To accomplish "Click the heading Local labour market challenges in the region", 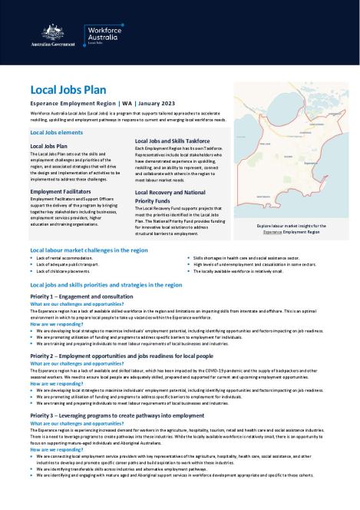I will pos(88,250).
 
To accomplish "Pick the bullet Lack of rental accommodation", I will pos(69,258).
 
